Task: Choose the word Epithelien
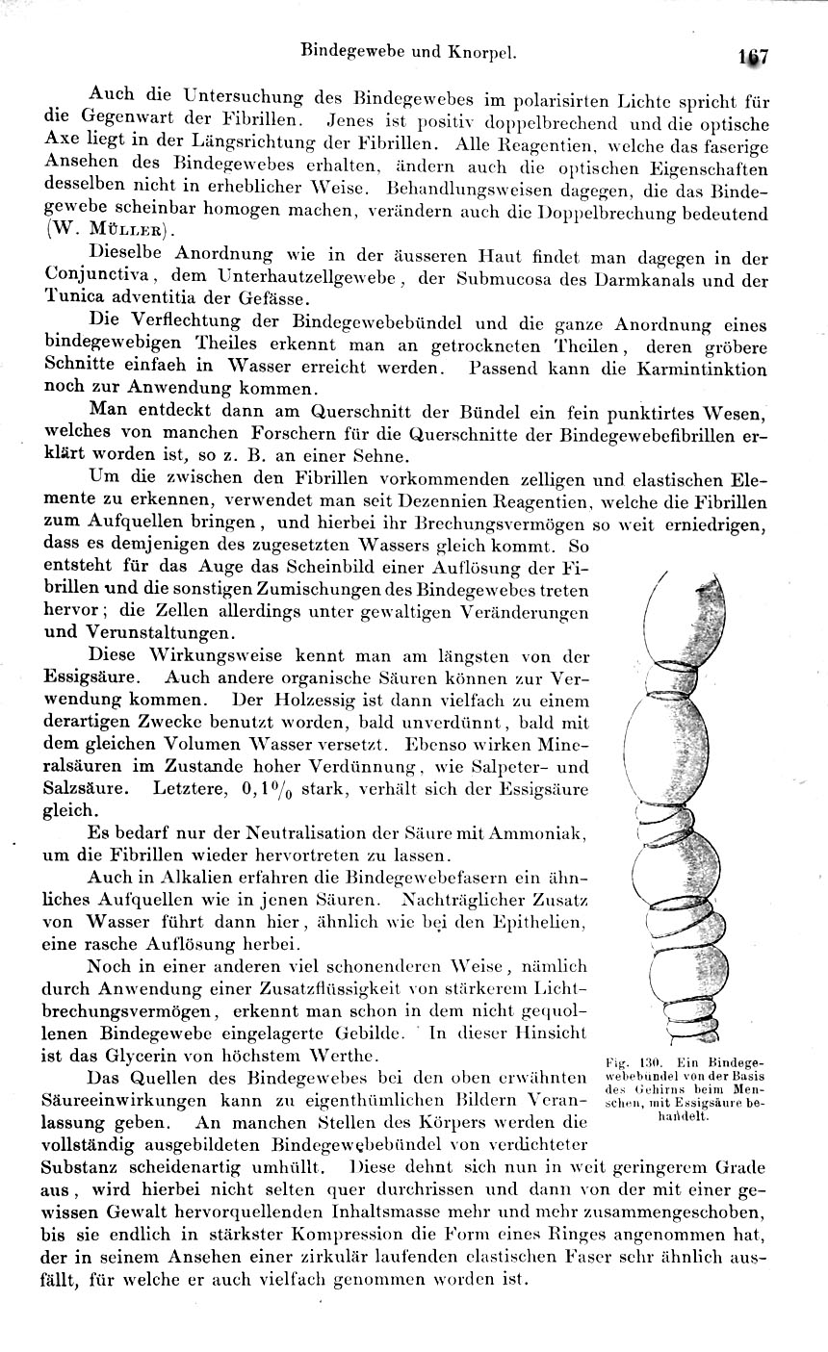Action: click(534, 922)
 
